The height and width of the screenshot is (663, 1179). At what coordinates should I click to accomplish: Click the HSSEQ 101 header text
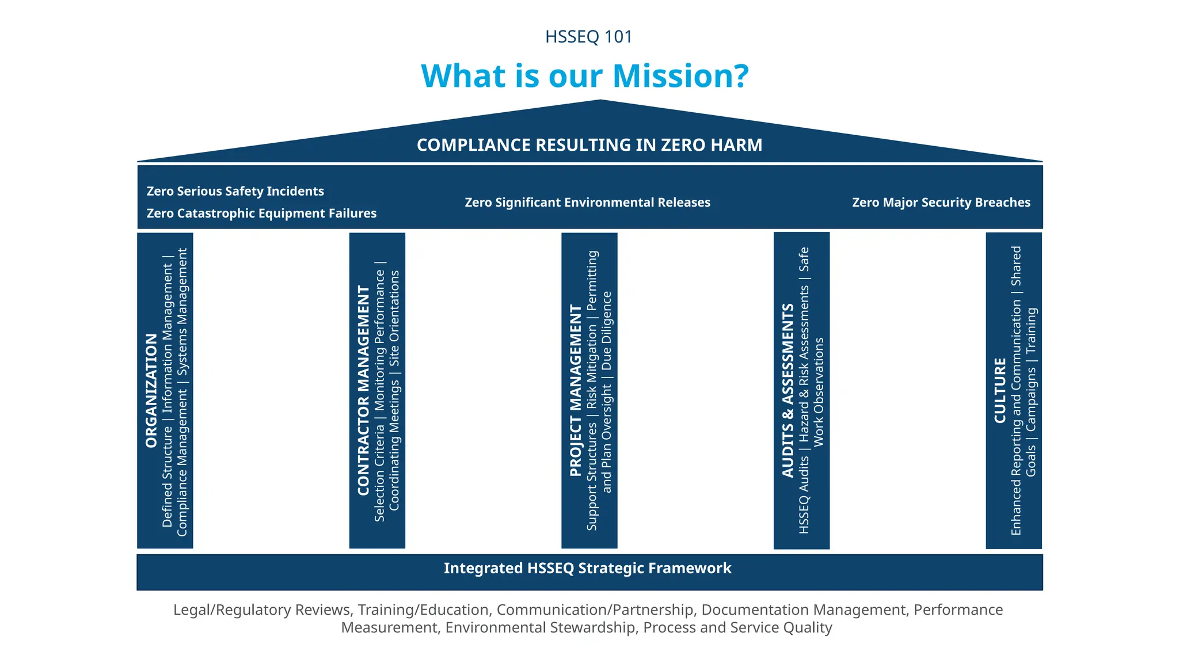(x=588, y=37)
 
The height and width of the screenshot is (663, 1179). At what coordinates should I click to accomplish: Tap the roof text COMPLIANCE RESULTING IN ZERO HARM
(x=589, y=145)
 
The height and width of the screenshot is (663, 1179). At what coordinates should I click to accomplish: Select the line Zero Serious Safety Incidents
(x=235, y=191)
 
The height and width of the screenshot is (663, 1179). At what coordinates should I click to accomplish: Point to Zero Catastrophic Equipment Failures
(x=261, y=214)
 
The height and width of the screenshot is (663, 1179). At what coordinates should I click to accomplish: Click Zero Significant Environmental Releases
(x=587, y=203)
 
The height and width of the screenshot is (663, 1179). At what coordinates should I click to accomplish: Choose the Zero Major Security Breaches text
(x=941, y=203)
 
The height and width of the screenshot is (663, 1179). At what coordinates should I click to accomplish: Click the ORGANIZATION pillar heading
(x=151, y=390)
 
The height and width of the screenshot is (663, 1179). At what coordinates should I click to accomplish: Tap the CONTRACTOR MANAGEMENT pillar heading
(x=363, y=390)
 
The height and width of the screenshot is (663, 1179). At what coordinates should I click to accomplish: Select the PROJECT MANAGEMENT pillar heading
(x=576, y=390)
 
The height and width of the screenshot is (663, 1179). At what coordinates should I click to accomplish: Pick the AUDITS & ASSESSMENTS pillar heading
(x=788, y=390)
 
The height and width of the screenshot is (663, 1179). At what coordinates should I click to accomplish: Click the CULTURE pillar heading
(x=1001, y=390)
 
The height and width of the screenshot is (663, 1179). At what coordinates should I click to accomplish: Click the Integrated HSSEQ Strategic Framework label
(x=587, y=569)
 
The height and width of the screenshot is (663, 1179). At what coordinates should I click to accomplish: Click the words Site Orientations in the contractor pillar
(x=394, y=318)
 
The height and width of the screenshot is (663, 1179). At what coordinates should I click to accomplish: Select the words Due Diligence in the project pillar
(x=607, y=331)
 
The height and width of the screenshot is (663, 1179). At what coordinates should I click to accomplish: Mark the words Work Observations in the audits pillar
(x=819, y=391)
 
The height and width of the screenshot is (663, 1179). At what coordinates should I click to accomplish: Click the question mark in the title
(x=739, y=76)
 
